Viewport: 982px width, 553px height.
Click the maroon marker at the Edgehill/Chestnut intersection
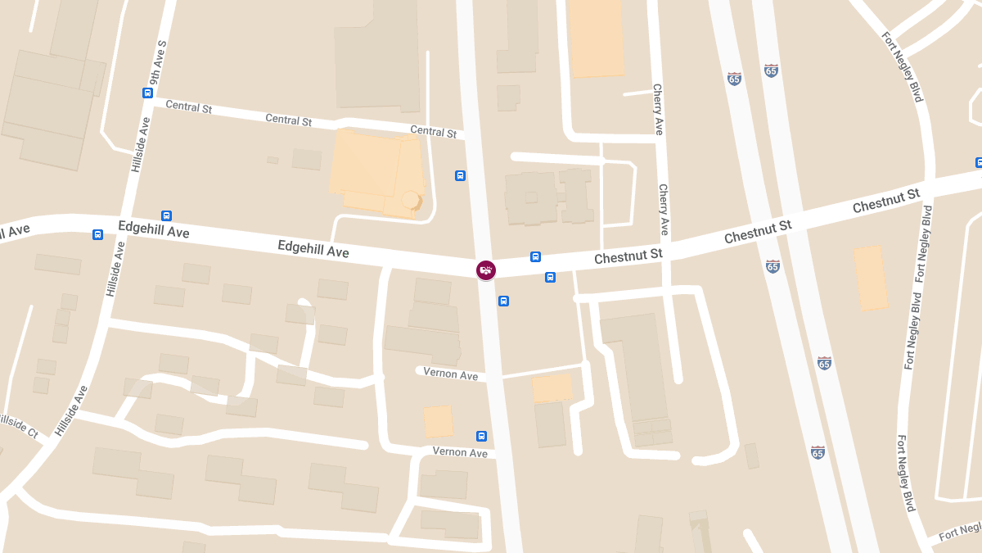coord(486,270)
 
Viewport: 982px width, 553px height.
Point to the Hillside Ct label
coord(18,424)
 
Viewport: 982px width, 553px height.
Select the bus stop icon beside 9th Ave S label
coord(147,93)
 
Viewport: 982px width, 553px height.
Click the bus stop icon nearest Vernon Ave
coord(481,436)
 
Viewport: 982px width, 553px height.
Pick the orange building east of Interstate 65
coord(871,279)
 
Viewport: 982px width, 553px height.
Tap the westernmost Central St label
coord(189,107)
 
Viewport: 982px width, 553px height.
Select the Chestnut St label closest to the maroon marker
coord(628,256)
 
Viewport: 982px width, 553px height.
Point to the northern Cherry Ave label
coord(657,109)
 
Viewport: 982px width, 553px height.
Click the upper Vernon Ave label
coord(451,374)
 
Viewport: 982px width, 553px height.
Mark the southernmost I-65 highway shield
coord(818,452)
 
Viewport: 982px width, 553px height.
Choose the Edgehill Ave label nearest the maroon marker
coord(313,248)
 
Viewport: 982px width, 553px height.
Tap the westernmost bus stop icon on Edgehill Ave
coord(98,235)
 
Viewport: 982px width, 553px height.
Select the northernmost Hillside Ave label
coord(141,144)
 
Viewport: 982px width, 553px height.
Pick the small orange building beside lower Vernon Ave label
coord(439,422)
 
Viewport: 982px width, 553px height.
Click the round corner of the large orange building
coord(410,200)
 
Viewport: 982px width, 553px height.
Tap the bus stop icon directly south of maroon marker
coord(503,301)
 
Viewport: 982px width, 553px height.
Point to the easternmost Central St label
coord(433,131)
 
